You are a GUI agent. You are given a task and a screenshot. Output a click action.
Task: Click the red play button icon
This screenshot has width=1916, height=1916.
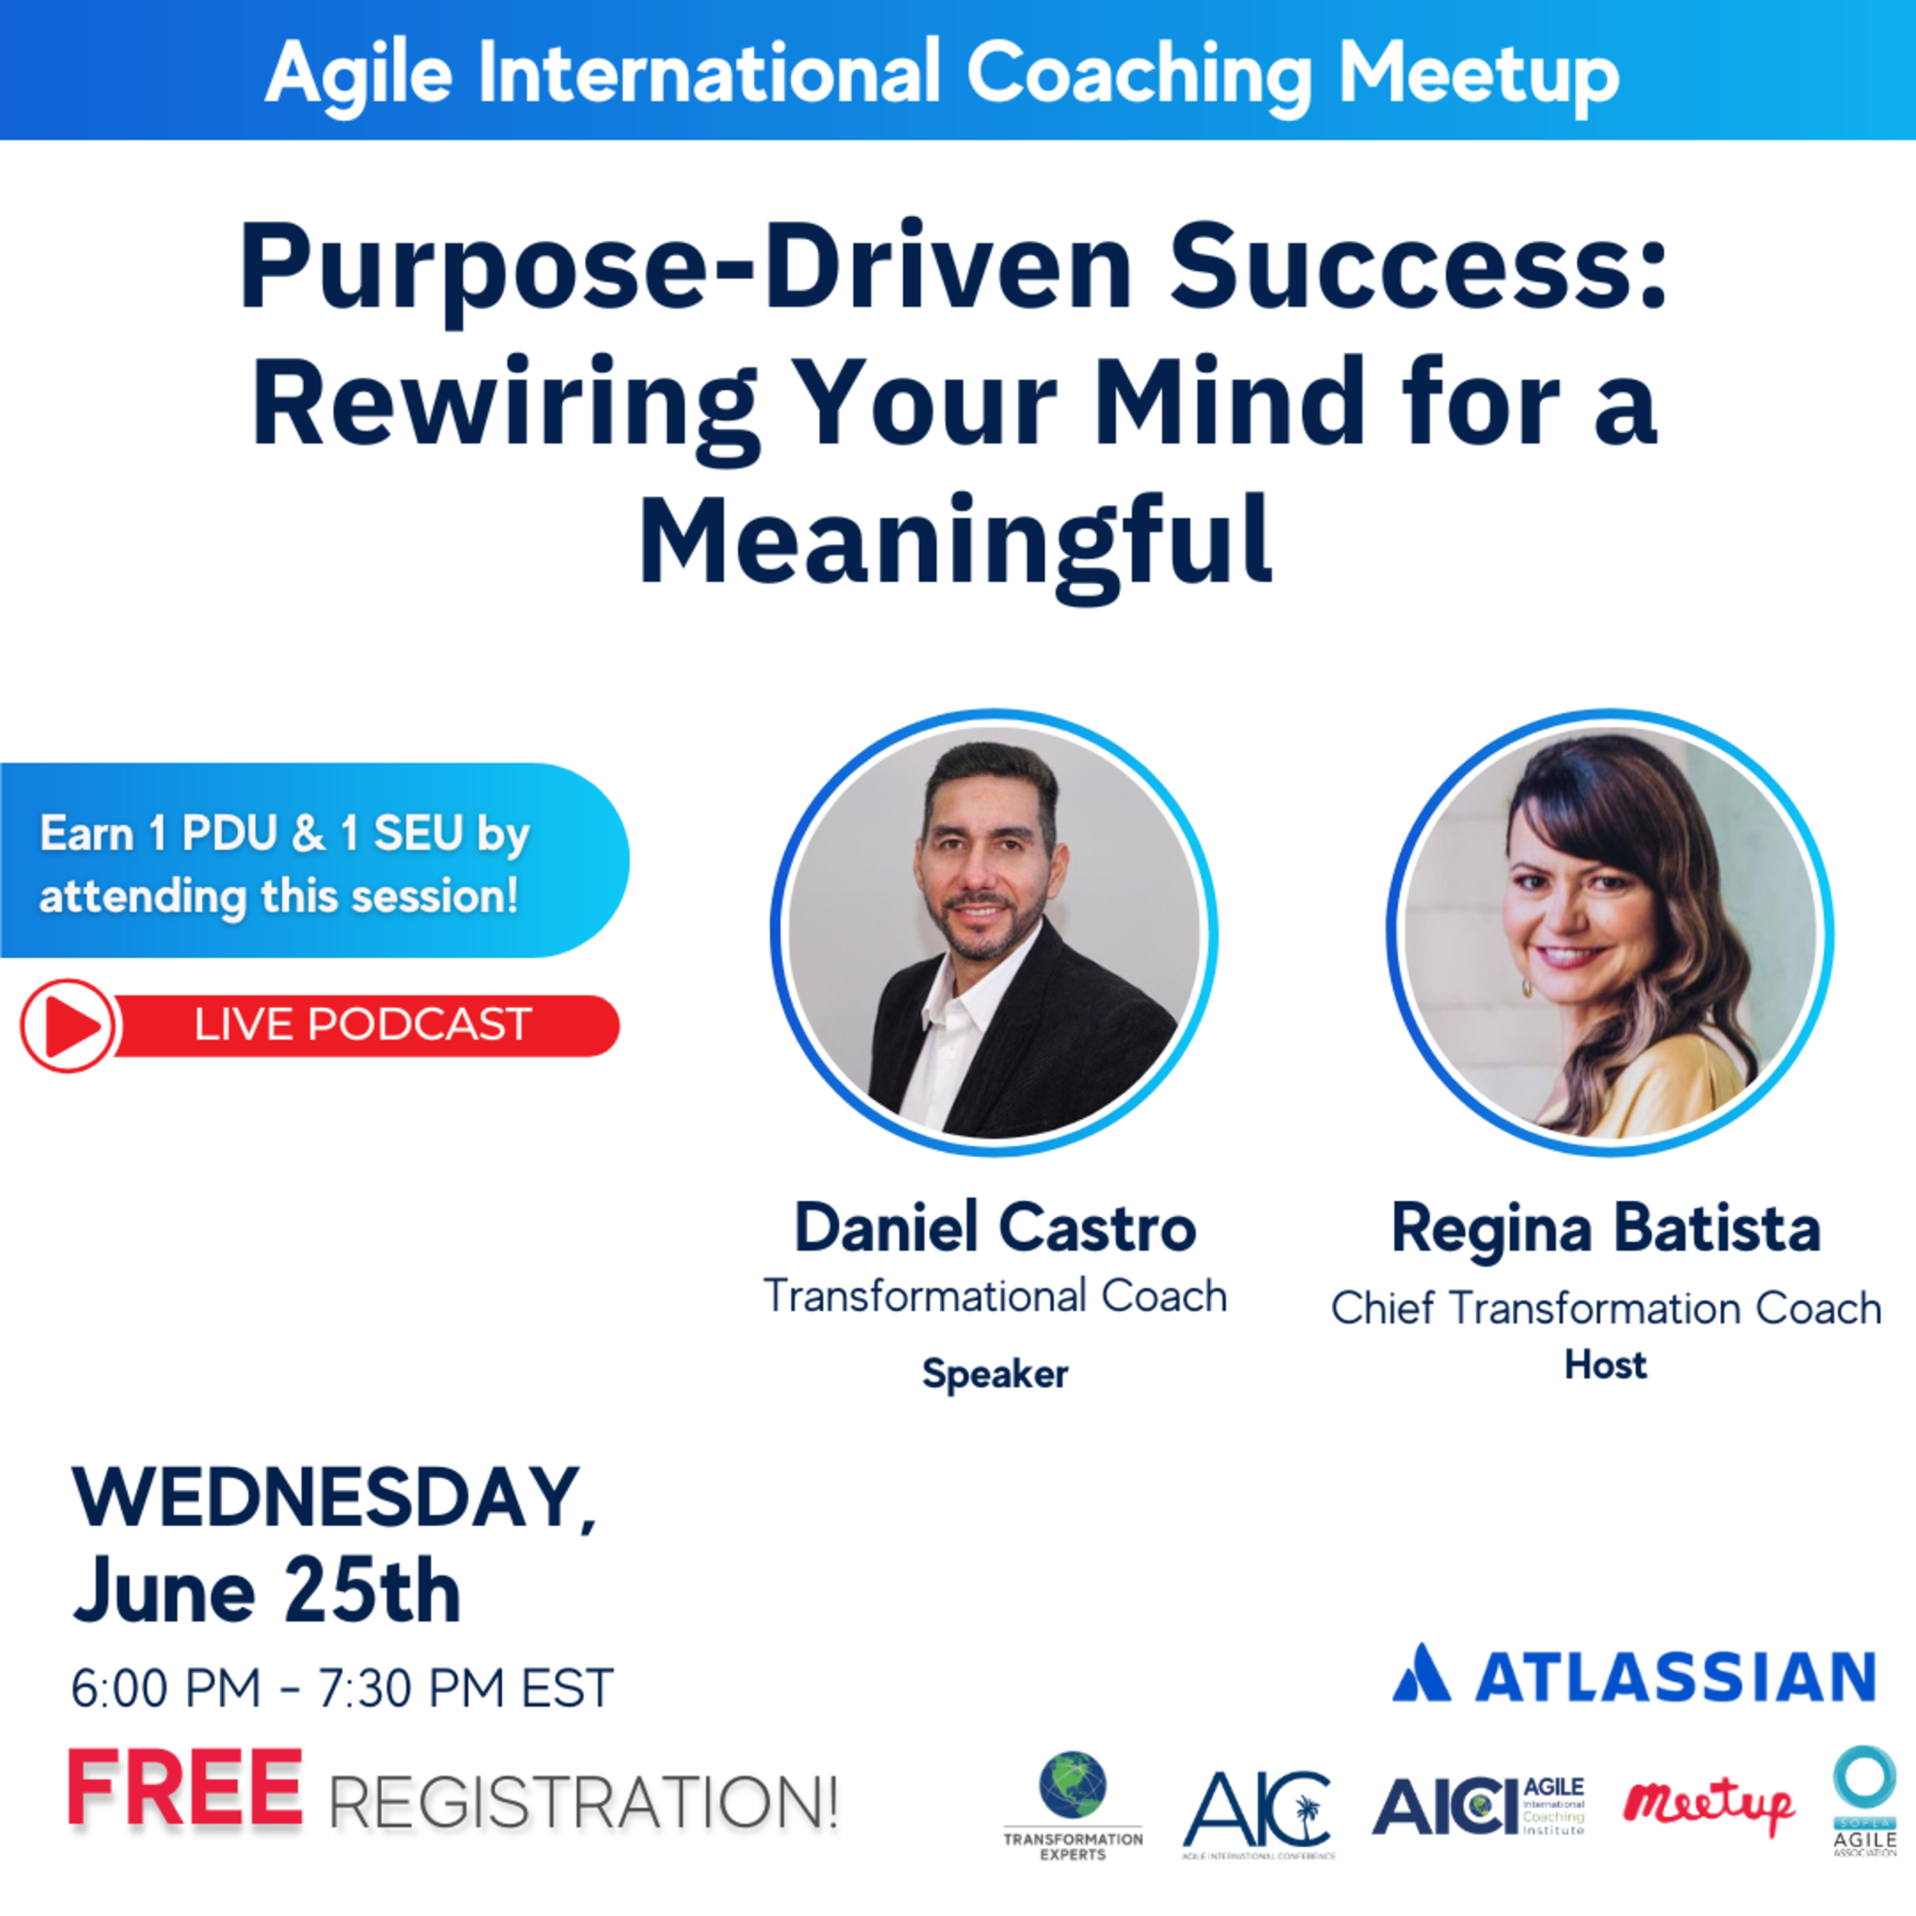(x=67, y=1025)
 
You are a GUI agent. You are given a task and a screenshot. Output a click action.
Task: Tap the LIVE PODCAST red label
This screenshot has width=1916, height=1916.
(x=363, y=1025)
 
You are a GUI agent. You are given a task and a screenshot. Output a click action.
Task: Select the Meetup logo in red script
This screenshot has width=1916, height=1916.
(x=1708, y=1805)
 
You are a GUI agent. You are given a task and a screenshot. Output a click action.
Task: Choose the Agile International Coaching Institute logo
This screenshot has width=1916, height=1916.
(x=1478, y=1806)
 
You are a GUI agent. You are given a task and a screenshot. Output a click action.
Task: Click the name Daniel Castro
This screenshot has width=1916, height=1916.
(x=994, y=1228)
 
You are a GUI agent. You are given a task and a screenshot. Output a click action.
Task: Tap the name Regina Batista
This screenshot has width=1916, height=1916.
(x=1606, y=1228)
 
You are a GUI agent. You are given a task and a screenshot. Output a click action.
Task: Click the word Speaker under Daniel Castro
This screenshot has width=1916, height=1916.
(x=994, y=1373)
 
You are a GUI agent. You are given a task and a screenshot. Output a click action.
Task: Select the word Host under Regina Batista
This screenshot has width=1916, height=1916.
(x=1606, y=1364)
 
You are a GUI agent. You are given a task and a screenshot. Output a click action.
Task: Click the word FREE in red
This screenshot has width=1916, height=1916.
(x=185, y=1788)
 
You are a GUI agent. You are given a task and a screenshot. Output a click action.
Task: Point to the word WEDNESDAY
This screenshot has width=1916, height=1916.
(x=333, y=1497)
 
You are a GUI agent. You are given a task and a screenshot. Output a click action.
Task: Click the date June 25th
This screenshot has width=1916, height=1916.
(x=266, y=1591)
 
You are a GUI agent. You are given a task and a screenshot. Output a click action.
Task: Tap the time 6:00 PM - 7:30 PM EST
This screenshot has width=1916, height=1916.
(x=342, y=1687)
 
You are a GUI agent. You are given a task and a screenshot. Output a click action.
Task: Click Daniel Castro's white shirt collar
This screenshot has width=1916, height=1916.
(x=957, y=1001)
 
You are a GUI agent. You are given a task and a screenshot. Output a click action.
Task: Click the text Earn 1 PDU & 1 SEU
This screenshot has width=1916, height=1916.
(x=285, y=833)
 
